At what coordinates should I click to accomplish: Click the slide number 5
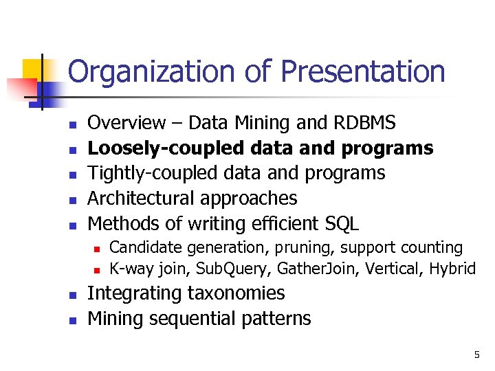point(476,355)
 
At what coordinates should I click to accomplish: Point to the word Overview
point(127,124)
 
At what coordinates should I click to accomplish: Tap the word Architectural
point(142,199)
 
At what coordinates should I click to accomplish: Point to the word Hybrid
point(452,268)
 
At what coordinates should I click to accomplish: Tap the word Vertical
point(395,268)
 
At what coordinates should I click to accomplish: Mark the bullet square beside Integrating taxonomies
point(71,295)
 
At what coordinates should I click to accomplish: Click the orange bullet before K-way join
point(98,269)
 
